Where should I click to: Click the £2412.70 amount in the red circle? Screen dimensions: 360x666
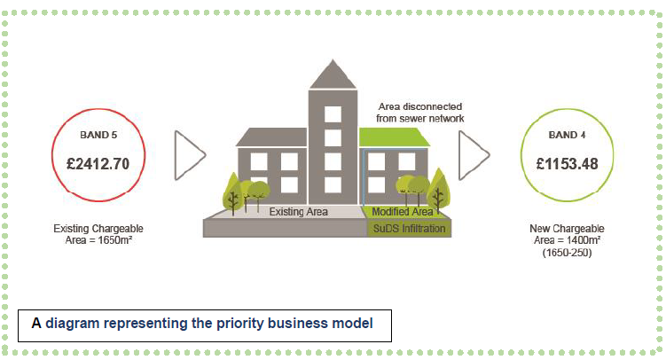tap(98, 164)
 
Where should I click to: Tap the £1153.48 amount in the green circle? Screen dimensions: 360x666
tap(567, 164)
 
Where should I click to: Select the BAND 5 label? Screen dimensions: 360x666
tap(98, 137)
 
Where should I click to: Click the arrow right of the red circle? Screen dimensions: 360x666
tap(191, 156)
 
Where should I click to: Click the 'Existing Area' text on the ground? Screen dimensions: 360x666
tap(299, 212)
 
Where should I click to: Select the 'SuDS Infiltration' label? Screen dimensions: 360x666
tap(408, 228)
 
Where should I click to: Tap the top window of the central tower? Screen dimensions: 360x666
tap(333, 114)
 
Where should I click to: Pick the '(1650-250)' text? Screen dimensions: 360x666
tap(567, 253)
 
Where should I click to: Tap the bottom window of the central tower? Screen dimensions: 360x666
tap(333, 184)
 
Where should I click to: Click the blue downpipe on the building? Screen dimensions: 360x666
tap(364, 177)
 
